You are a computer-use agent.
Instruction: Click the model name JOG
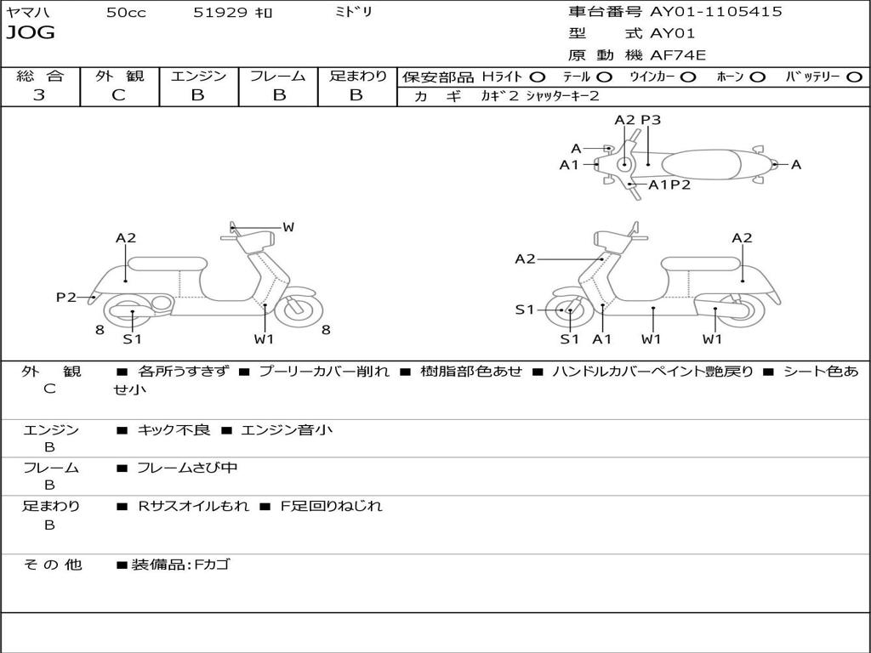[31, 33]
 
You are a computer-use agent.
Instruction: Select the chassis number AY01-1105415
[716, 12]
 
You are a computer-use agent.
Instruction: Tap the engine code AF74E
[678, 55]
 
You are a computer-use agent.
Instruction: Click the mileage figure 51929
[220, 12]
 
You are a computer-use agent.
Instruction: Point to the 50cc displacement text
[126, 12]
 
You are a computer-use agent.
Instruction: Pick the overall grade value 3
[39, 95]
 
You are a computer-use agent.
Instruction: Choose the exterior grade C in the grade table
[118, 95]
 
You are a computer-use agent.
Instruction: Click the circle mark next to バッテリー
[854, 77]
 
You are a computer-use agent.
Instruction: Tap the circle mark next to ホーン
[757, 77]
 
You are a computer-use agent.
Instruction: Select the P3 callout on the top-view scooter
[651, 120]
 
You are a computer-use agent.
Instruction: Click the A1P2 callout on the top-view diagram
[669, 185]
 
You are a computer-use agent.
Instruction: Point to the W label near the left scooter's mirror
[287, 227]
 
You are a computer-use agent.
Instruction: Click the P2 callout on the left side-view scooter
[66, 297]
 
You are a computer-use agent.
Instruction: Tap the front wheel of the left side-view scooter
[299, 309]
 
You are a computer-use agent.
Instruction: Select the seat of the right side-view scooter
[701, 264]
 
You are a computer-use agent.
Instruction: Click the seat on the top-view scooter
[702, 164]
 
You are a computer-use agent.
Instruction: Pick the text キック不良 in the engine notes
[174, 429]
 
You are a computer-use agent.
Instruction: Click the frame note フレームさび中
[187, 468]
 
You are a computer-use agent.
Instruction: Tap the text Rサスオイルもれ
[193, 506]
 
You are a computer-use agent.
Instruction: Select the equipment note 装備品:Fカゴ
[180, 565]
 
